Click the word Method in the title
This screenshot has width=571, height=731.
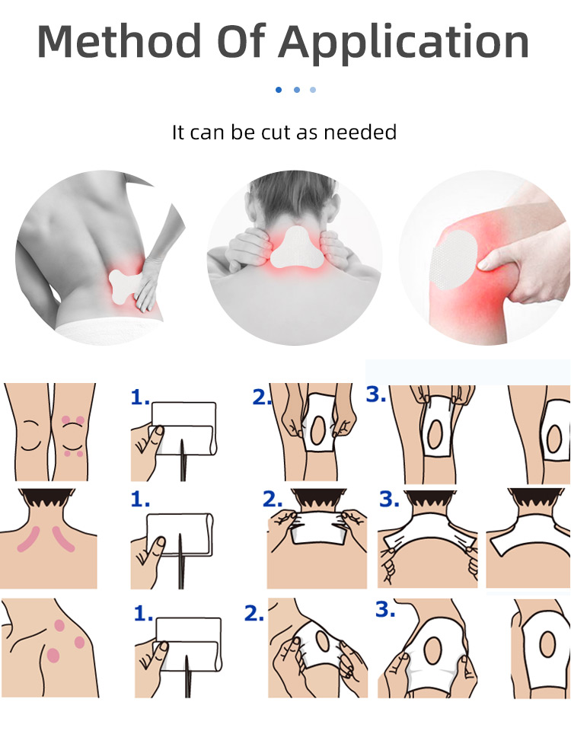(x=119, y=41)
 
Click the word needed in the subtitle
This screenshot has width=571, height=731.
(x=360, y=132)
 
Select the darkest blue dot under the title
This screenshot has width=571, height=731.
(x=279, y=90)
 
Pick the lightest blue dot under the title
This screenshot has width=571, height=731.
(x=313, y=90)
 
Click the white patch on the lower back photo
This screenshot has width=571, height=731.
(x=125, y=286)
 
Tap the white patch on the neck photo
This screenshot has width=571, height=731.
(x=294, y=247)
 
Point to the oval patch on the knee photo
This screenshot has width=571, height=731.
(x=455, y=260)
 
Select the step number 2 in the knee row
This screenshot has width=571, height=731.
(x=261, y=397)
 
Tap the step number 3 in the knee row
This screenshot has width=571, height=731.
(x=376, y=394)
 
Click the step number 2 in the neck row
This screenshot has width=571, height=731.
(x=273, y=500)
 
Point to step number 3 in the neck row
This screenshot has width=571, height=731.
(x=389, y=500)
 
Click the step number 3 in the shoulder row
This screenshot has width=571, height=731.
(x=385, y=609)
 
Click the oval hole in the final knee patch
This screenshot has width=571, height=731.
(x=554, y=439)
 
